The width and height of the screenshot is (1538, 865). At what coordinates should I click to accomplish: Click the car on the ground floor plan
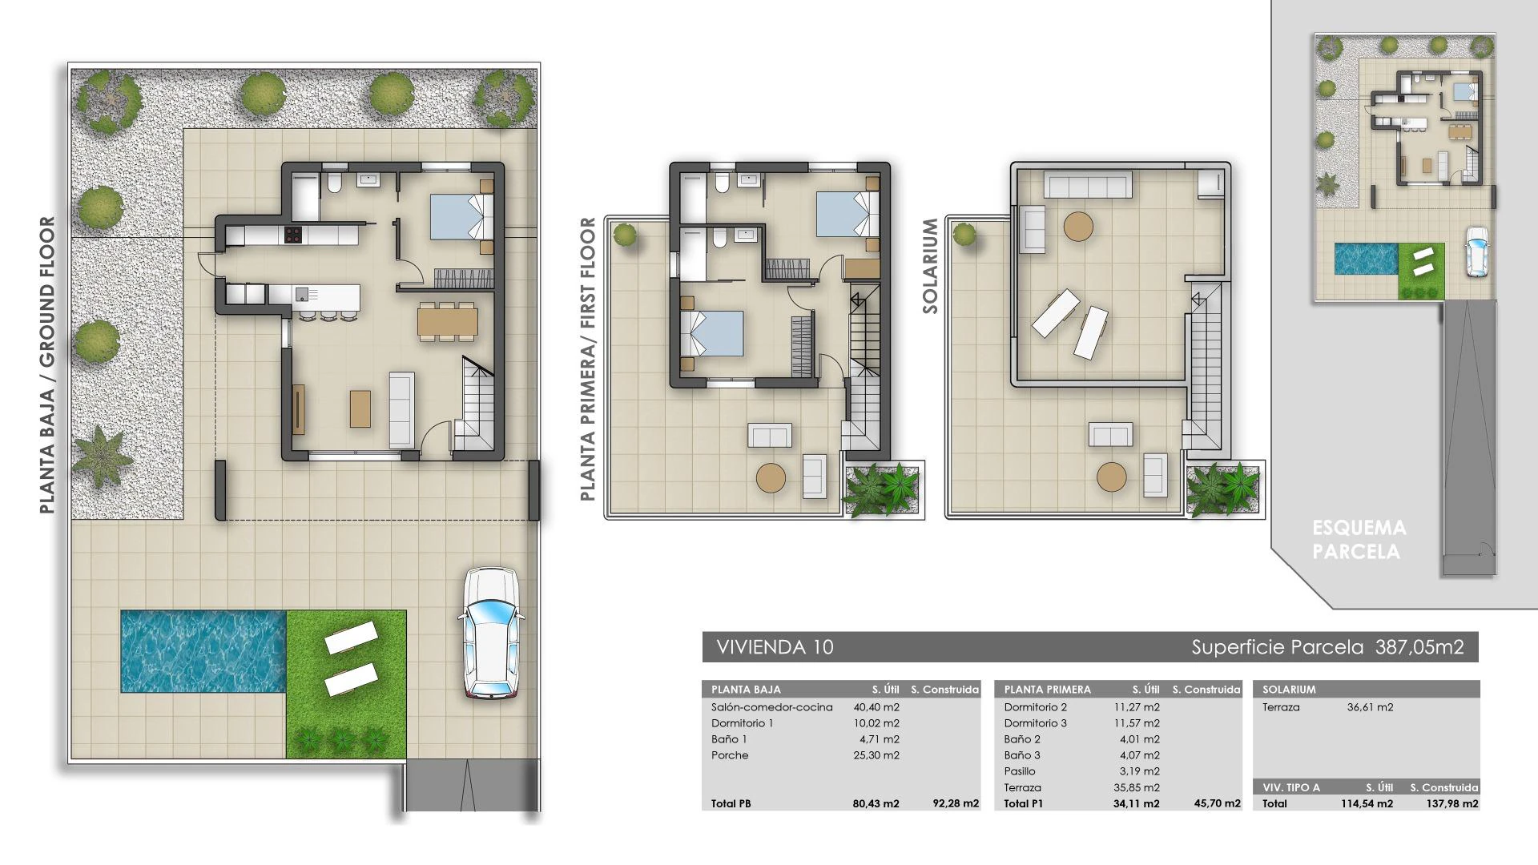point(490,633)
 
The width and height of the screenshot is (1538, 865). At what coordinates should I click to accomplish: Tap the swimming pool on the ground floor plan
point(203,651)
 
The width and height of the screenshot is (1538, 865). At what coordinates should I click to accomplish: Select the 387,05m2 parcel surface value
point(1419,647)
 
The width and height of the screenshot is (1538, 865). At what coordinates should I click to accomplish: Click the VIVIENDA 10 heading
point(775,647)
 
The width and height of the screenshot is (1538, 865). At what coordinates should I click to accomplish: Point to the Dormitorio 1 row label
point(742,723)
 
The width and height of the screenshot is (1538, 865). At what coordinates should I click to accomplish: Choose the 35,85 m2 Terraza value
point(1137,787)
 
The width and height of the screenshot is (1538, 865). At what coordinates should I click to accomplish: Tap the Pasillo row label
point(1020,771)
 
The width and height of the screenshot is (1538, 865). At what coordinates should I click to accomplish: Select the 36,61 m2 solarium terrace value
point(1371,707)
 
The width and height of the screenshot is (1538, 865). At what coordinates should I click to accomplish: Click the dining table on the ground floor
point(448,321)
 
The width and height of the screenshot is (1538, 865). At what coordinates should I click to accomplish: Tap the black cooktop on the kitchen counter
point(293,235)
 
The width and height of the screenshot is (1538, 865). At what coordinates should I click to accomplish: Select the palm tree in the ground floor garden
point(100,457)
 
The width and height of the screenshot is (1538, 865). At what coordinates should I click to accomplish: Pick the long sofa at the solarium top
point(1087,187)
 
